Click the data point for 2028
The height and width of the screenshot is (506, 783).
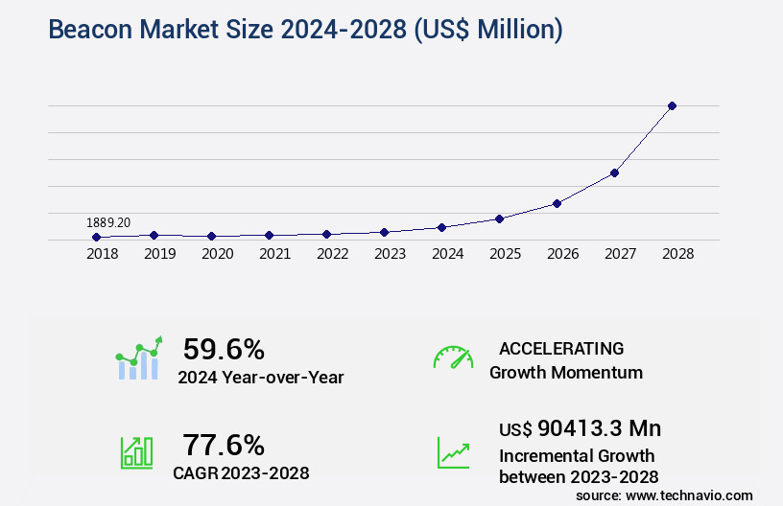(672, 105)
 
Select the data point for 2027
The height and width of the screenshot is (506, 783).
(614, 172)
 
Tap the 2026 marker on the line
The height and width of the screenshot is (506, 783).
(557, 203)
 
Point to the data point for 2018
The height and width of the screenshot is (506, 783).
(96, 237)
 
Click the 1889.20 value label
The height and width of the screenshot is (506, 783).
(108, 222)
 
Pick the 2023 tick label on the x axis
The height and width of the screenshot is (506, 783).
(390, 254)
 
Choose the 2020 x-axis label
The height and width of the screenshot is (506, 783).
(217, 254)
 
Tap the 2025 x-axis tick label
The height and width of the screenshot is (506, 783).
(505, 254)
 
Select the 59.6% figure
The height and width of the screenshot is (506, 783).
(224, 349)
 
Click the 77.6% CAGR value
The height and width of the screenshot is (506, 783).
(224, 445)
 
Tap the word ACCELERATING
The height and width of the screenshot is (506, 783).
(561, 349)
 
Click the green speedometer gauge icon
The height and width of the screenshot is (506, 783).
(453, 356)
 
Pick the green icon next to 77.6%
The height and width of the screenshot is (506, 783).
(137, 452)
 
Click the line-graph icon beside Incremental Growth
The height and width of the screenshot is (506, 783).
(453, 452)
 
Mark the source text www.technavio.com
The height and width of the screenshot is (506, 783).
(690, 495)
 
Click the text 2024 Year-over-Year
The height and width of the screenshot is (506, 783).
(261, 378)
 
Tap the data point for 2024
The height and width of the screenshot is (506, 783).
(441, 227)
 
